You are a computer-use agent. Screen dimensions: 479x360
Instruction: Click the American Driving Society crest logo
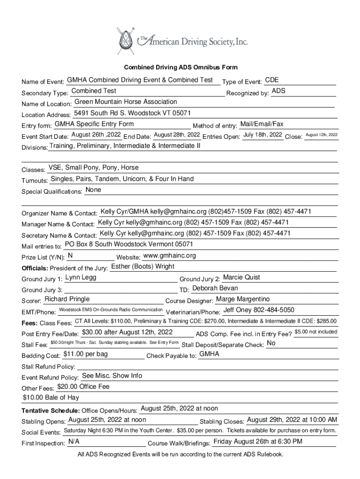[125, 41]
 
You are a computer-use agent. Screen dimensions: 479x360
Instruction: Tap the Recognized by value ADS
[279, 91]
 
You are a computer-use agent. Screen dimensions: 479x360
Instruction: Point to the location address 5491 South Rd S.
[132, 113]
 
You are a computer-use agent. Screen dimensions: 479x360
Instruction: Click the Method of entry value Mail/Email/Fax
[261, 124]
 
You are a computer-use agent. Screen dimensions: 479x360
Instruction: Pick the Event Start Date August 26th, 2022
[96, 135]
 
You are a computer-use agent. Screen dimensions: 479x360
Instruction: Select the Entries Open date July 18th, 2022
[263, 135]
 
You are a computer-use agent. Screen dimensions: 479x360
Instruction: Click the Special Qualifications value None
[94, 190]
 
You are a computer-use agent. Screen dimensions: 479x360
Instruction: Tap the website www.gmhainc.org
[169, 255]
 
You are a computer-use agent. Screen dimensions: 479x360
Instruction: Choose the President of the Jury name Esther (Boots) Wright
[143, 267]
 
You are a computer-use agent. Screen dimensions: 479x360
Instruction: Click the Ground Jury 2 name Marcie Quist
[242, 277]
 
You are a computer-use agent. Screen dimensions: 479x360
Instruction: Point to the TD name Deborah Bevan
[215, 288]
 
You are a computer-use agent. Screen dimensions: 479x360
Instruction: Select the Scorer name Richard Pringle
[67, 299]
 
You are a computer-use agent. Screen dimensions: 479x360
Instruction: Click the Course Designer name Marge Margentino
[243, 299]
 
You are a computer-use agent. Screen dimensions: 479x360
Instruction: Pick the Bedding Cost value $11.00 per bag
[86, 354]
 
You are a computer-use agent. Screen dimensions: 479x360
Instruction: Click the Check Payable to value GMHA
[209, 354]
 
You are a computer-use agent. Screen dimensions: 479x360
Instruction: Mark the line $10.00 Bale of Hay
[51, 398]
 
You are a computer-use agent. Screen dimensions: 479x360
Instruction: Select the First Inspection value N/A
[73, 442]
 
